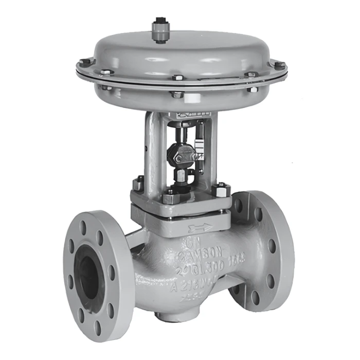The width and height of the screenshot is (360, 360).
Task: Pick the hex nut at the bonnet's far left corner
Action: click(x=138, y=183)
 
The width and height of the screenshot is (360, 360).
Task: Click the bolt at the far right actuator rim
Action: click(x=279, y=66)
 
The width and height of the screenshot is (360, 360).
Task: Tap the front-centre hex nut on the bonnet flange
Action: click(x=170, y=196)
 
